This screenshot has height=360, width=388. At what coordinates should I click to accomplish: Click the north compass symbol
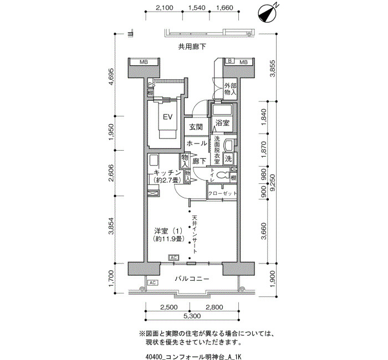[267, 14]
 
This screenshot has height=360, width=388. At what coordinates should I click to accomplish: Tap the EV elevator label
[167, 117]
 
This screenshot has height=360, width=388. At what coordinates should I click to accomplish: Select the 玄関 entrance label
[196, 127]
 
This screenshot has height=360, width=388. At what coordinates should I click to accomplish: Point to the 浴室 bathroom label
[222, 123]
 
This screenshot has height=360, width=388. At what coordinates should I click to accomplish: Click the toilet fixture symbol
[223, 176]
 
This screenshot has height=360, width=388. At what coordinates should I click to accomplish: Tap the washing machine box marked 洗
[228, 158]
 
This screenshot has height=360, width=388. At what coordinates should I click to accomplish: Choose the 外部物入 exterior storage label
[231, 89]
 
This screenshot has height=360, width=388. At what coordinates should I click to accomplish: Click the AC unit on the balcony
[152, 282]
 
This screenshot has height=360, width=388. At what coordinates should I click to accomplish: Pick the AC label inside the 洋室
[173, 258]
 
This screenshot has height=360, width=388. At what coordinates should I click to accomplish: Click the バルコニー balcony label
[192, 279]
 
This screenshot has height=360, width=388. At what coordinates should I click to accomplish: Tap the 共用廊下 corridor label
[192, 47]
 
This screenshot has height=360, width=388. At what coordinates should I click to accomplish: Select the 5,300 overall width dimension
[192, 316]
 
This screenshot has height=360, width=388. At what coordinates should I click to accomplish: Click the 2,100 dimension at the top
[164, 8]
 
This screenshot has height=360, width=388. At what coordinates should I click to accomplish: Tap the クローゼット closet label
[222, 193]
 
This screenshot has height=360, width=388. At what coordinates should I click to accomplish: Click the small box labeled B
[229, 60]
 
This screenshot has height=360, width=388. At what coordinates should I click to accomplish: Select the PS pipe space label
[152, 85]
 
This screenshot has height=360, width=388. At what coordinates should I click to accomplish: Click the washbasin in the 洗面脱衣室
[228, 145]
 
